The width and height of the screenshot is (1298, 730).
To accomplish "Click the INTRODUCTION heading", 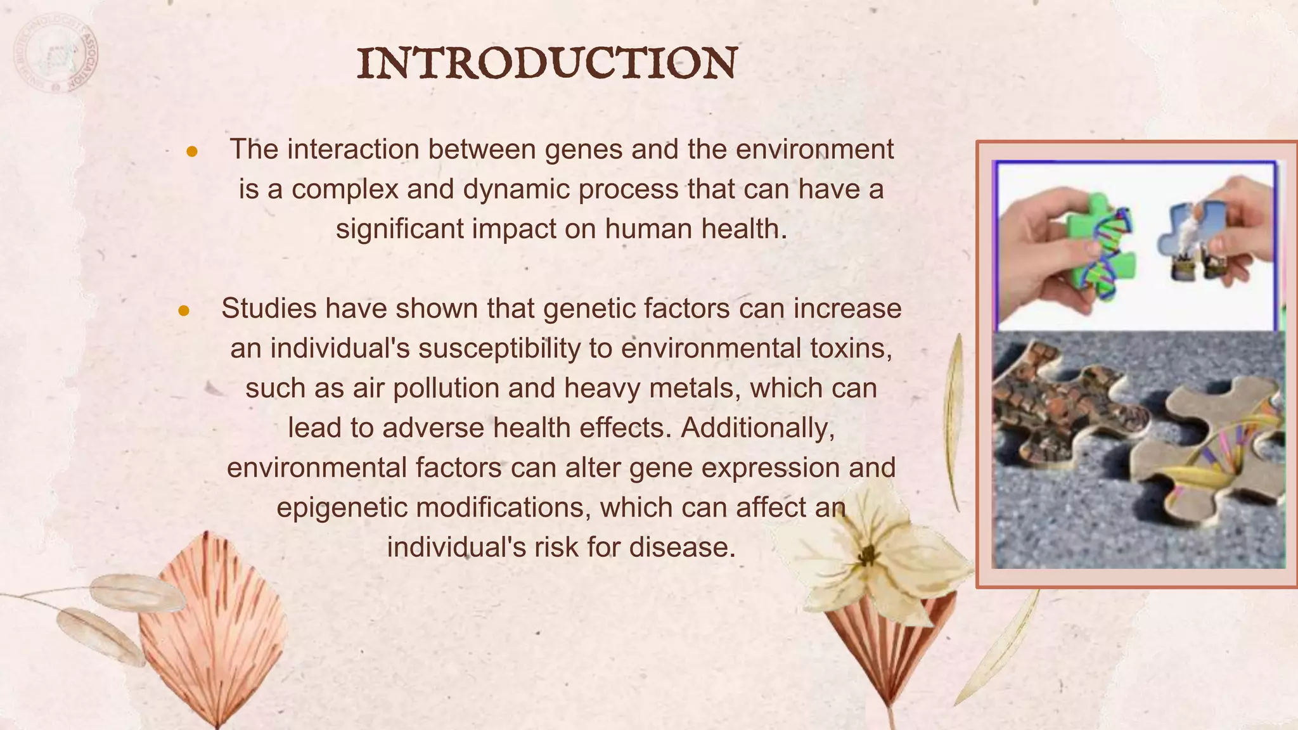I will pos(546,63).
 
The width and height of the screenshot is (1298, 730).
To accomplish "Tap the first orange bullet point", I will pos(192,152).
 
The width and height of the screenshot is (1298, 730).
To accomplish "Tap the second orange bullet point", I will pos(184,311).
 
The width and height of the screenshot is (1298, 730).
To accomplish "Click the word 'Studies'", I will pos(269,309).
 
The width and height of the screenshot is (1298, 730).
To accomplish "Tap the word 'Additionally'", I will pos(757,428).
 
